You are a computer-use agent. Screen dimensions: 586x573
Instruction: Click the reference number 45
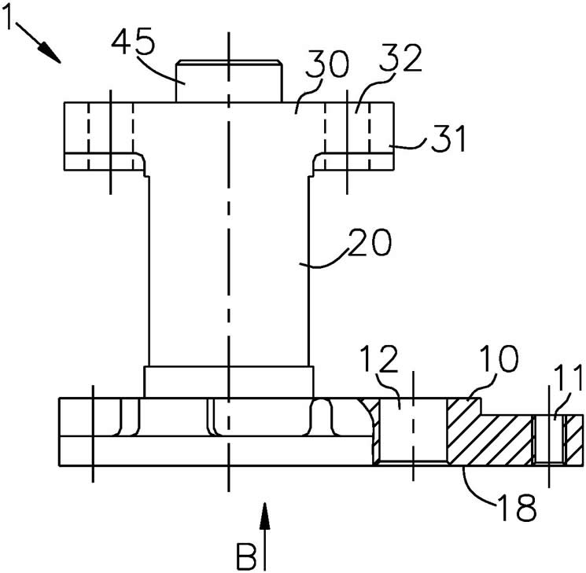point(134,41)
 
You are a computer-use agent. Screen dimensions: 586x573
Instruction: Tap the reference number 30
point(327,64)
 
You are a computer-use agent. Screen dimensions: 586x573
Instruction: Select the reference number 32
point(400,57)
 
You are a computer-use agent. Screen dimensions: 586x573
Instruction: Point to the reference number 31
point(448,138)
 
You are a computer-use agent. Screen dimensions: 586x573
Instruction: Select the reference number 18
point(517,507)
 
